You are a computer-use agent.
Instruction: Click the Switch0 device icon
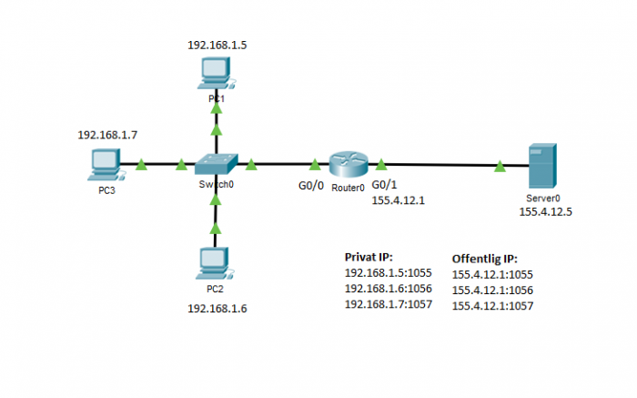click(x=216, y=164)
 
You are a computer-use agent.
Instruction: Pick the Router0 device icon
click(x=347, y=165)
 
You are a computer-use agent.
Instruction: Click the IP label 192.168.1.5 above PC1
click(x=217, y=44)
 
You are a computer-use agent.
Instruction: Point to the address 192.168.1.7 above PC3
click(x=107, y=135)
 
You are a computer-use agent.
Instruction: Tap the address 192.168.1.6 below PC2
click(x=217, y=308)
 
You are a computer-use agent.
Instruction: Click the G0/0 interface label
click(x=311, y=188)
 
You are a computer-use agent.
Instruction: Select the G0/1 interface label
click(x=385, y=186)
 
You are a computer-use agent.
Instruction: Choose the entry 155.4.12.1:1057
click(x=492, y=306)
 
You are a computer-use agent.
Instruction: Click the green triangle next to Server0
click(x=500, y=166)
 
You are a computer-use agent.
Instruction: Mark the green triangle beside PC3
click(x=141, y=166)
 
